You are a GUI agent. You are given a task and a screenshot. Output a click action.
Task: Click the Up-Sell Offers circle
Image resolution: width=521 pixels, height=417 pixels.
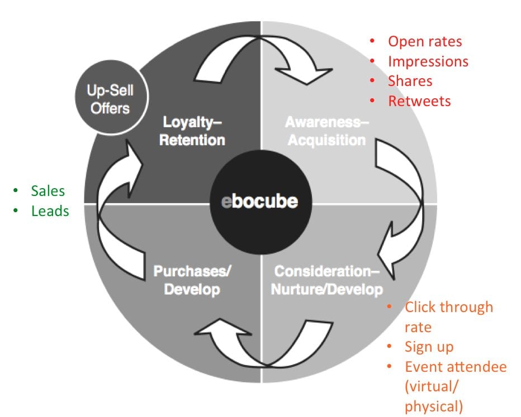point(110,99)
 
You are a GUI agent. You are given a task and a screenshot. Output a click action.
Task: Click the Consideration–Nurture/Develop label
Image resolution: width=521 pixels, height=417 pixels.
point(328,281)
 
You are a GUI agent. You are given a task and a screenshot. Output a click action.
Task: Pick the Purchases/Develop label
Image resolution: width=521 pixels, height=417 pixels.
point(193,281)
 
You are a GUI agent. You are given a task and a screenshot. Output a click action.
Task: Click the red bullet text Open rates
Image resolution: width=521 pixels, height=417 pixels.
point(425,41)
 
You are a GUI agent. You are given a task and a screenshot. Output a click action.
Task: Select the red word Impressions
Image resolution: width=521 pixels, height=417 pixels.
point(428,61)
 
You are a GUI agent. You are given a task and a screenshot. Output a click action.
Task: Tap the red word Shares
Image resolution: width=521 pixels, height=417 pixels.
point(410,81)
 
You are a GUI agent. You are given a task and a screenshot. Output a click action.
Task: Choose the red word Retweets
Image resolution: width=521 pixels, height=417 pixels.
point(419,101)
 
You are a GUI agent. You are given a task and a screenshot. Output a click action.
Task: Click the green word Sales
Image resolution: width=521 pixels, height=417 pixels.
point(48,191)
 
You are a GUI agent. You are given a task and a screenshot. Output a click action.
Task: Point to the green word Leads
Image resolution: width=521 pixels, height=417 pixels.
point(50,211)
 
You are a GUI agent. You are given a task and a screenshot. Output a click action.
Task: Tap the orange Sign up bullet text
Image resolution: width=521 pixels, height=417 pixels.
point(429,347)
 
